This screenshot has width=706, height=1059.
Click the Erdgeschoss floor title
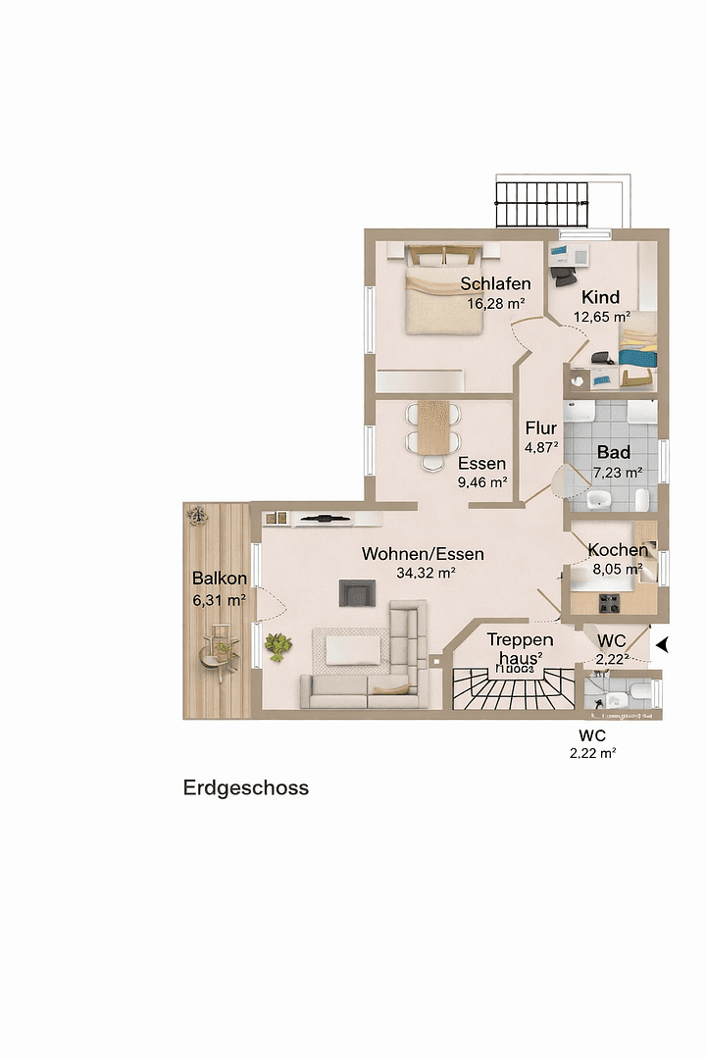point(245,788)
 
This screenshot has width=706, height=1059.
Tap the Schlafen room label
point(495,284)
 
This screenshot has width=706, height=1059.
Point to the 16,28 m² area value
point(495,304)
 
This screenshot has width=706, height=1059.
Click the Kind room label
point(601,297)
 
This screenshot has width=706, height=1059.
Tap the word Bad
point(614,453)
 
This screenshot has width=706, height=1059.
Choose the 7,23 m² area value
point(617,473)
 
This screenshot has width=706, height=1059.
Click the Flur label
point(540,429)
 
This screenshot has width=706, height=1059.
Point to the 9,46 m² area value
point(481,482)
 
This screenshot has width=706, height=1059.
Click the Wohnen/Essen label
point(423,554)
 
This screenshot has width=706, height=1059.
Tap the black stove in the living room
point(357,592)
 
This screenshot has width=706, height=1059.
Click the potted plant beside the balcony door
point(279,645)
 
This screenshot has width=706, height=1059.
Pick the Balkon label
point(219,579)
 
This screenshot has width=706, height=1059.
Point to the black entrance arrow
point(664,644)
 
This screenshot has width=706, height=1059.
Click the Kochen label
point(617,550)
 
